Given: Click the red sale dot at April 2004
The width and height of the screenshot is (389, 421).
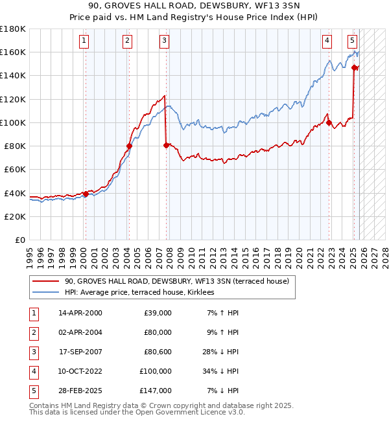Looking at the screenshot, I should point(128,146).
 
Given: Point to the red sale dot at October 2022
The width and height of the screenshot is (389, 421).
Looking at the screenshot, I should point(329,122).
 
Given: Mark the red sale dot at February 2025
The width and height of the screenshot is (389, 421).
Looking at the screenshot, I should point(355,67).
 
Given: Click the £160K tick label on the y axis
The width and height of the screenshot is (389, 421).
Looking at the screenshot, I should point(13,52).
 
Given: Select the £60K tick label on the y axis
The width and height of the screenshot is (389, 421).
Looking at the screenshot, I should point(15,170).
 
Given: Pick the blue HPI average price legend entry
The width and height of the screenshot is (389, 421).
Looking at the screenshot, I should point(144,293).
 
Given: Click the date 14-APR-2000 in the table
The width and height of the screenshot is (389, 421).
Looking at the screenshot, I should point(80,313).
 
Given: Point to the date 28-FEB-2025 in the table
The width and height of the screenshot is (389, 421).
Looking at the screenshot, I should point(80,391).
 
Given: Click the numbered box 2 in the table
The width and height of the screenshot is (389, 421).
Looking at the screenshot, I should point(32,332).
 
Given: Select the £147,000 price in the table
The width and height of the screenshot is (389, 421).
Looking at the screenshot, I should point(155,391).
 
